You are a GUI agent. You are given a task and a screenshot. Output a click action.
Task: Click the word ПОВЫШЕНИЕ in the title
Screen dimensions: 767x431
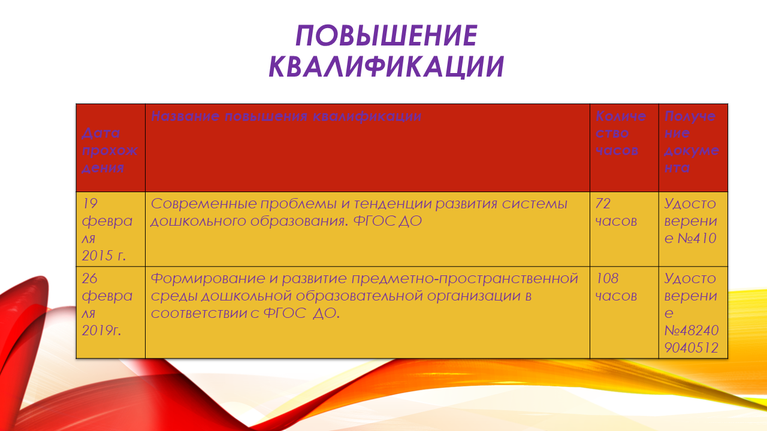tap(386, 35)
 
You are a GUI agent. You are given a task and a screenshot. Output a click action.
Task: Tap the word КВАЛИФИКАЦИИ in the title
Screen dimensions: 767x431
tap(386, 66)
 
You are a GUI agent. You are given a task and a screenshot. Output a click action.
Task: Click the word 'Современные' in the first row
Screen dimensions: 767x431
tap(204, 204)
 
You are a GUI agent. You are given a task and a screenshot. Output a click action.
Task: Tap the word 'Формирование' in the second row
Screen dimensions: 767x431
tap(208, 278)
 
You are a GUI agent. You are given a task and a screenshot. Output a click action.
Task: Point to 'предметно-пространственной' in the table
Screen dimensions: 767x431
tap(465, 279)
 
